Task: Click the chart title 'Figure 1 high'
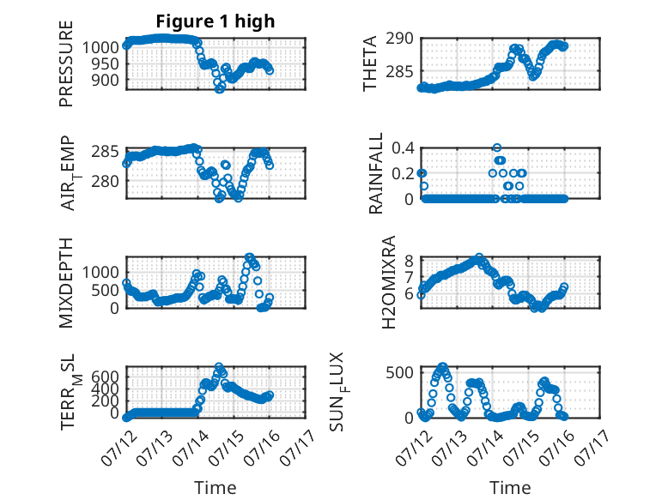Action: (x=216, y=21)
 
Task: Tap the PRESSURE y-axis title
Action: (x=66, y=63)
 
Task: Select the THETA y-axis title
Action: (x=370, y=63)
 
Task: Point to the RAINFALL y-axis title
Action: (x=376, y=173)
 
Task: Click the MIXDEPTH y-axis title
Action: (x=66, y=282)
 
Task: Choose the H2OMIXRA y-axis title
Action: (x=389, y=282)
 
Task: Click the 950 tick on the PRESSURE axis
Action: (x=106, y=63)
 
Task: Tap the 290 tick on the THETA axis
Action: (x=399, y=39)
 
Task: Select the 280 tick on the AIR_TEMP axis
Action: (x=106, y=181)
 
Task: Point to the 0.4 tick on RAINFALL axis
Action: (x=403, y=148)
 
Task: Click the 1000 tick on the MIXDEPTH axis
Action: (x=100, y=273)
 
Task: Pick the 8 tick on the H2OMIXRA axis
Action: (x=410, y=260)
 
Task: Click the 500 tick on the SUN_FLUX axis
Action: (x=399, y=373)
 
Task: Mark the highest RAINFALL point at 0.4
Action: (x=497, y=148)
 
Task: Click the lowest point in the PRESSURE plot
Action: (x=220, y=89)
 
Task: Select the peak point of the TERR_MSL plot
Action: (x=219, y=366)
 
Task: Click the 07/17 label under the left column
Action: (x=298, y=447)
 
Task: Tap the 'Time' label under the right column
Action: (x=510, y=487)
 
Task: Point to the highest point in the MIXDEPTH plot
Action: (x=249, y=257)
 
